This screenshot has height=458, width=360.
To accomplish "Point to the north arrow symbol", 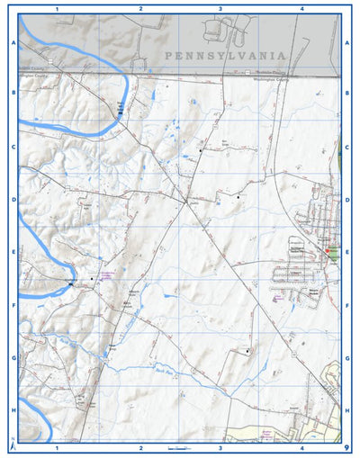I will coord(11,444).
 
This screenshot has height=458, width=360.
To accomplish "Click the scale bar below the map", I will coord(180,447).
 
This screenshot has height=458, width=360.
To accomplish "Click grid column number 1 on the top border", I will coord(57,8).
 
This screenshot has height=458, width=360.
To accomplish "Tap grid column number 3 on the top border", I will coord(220,8).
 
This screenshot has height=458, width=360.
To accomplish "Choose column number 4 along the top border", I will coord(301,8).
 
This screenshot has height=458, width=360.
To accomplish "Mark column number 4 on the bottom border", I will coord(301,447).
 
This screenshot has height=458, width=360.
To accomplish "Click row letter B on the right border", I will coord(346,93).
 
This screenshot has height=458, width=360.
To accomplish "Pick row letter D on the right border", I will coord(346,200).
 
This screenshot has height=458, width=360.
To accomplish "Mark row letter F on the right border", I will coord(346,305).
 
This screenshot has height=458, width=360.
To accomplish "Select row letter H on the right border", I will coord(346,409).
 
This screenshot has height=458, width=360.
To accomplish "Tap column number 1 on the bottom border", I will coord(57,447).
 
